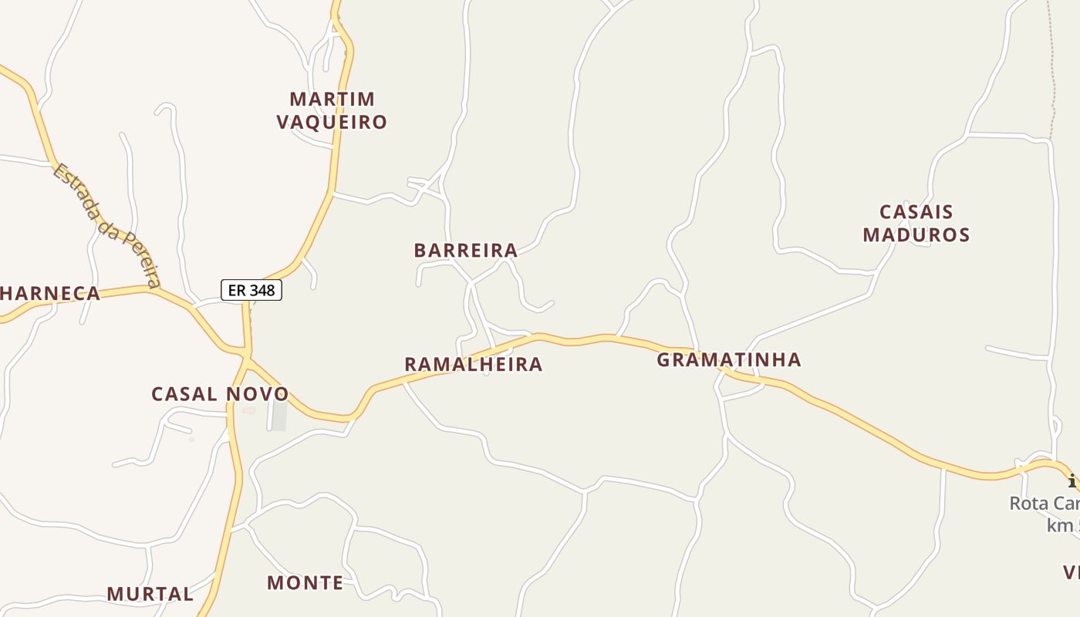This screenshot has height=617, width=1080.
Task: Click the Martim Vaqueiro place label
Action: click(x=332, y=110)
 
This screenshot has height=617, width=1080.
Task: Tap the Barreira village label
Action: click(x=465, y=250)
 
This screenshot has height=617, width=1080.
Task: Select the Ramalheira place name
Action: click(x=473, y=364)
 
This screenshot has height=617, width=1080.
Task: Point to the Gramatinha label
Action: click(x=728, y=359)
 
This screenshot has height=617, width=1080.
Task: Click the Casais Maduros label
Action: click(x=916, y=223)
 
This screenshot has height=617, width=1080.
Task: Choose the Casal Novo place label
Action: click(x=220, y=394)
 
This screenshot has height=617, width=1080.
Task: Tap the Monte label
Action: click(x=305, y=582)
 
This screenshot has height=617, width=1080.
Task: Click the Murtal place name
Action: click(x=150, y=594)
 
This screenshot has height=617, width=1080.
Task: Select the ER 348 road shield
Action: click(x=251, y=290)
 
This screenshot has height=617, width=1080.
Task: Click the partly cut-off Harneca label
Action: click(x=51, y=293)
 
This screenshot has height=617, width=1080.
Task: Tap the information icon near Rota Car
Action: click(x=1073, y=481)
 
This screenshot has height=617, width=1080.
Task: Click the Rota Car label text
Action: click(x=1044, y=504)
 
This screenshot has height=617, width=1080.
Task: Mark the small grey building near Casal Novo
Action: click(x=278, y=416)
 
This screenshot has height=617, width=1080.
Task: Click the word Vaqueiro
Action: click(x=332, y=122)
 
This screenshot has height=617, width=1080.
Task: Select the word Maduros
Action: click(x=916, y=234)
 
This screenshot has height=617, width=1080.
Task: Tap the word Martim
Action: click(x=332, y=99)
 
